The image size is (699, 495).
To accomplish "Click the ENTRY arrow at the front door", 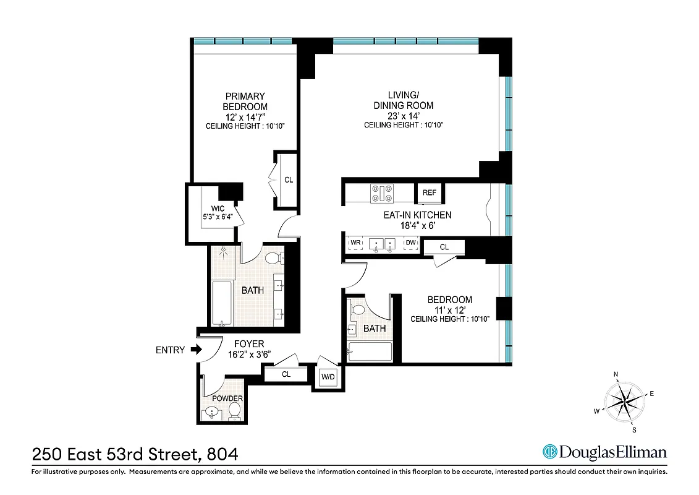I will click(x=197, y=350).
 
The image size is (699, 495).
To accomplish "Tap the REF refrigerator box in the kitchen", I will click(x=430, y=192).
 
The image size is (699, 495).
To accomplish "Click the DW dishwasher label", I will click(x=410, y=243).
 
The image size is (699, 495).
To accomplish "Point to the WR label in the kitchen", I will click(x=356, y=243).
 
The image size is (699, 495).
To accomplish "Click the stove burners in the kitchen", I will click(x=381, y=194).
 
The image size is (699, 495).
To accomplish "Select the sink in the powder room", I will click(x=213, y=412).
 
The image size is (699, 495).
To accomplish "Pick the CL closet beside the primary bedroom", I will click(x=288, y=180).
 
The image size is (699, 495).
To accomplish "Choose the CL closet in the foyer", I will click(x=286, y=374).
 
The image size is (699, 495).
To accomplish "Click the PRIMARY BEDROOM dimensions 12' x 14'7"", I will click(x=245, y=117).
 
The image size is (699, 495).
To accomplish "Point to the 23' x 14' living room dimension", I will click(x=404, y=116).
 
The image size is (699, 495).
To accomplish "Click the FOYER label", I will click(x=249, y=344).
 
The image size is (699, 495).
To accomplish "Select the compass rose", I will click(x=625, y=400).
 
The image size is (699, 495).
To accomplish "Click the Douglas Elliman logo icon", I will click(x=549, y=452).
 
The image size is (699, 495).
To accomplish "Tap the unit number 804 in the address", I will click(x=222, y=455).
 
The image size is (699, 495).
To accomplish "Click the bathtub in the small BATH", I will click(x=370, y=352).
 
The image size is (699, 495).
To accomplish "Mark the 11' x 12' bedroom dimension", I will click(x=449, y=310).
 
